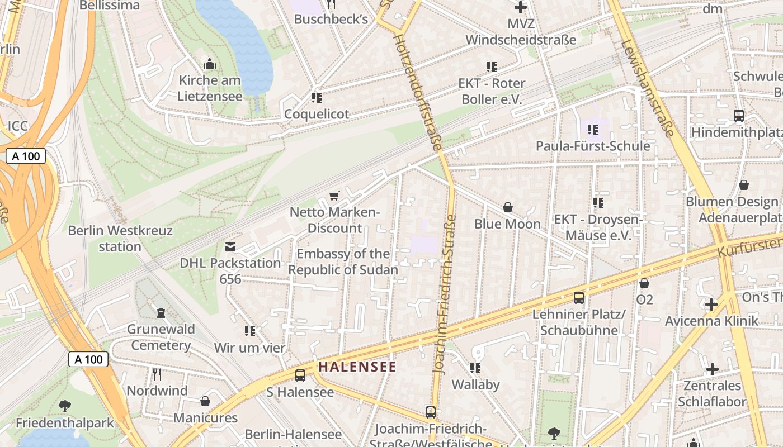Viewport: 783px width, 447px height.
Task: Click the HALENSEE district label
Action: [357, 367]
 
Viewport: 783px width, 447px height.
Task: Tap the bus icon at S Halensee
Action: [300, 375]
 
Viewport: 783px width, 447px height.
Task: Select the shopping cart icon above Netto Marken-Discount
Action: [334, 196]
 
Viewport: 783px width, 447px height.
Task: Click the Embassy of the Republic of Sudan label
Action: [343, 261]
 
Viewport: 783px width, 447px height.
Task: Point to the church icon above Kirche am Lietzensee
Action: [210, 64]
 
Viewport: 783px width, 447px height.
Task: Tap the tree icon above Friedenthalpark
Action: [65, 406]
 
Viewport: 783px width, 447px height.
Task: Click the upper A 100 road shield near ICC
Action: [26, 156]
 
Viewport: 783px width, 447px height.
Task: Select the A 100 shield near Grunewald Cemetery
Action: [88, 359]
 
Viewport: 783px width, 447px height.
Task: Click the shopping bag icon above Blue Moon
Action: [508, 207]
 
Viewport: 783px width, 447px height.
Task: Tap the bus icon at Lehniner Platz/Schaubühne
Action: [579, 298]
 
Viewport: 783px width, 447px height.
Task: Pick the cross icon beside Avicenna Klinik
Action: [711, 305]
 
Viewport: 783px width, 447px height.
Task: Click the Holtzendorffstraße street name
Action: [417, 92]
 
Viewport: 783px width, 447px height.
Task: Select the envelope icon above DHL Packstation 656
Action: [230, 247]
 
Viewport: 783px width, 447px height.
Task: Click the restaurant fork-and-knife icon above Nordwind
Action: [157, 374]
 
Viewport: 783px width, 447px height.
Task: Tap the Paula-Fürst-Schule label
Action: [593, 146]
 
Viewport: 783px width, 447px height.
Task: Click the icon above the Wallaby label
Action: [475, 368]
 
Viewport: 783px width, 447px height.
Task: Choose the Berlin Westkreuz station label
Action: [120, 238]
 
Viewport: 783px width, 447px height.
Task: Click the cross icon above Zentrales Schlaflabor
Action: [712, 369]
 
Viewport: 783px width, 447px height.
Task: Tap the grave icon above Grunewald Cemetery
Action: [161, 312]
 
